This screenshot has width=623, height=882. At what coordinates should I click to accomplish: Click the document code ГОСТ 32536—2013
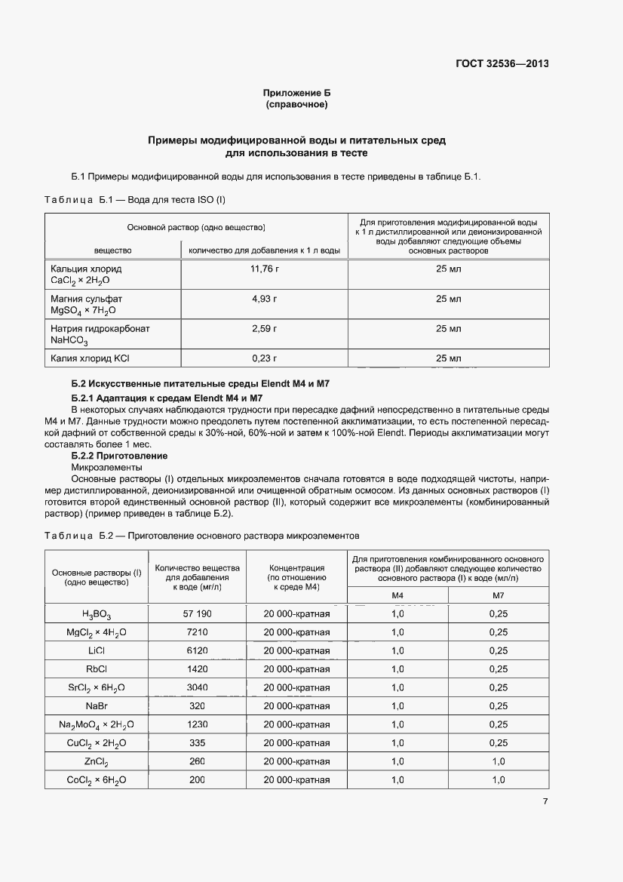coord(501,63)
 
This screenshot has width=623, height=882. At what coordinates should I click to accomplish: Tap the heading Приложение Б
coord(296,93)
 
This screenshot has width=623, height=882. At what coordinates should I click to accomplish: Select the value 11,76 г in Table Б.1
coord(264,269)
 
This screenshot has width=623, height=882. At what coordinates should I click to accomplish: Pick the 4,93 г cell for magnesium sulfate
coord(264,299)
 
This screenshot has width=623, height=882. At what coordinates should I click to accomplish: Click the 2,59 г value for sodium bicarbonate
coord(264,329)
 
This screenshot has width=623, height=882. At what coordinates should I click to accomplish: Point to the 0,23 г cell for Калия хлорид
coord(264,358)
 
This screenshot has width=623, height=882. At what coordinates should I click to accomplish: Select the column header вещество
coord(112,250)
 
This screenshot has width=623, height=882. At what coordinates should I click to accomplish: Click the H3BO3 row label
coord(97,614)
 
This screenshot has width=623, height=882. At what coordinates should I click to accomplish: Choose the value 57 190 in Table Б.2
coord(197,613)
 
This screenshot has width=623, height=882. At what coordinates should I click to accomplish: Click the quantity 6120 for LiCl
coord(197,650)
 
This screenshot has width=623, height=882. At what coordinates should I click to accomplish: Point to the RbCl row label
coord(97,668)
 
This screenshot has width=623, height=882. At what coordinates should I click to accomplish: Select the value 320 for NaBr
coord(197,705)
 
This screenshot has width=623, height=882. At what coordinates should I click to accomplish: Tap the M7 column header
coord(498,595)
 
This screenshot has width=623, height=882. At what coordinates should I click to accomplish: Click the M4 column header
coord(397,595)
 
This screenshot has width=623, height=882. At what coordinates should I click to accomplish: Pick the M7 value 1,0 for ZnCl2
coord(498,761)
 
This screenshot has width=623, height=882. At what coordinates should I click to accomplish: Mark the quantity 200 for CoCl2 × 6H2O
coord(197,779)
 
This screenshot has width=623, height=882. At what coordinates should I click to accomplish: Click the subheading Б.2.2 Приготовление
coord(119,456)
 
